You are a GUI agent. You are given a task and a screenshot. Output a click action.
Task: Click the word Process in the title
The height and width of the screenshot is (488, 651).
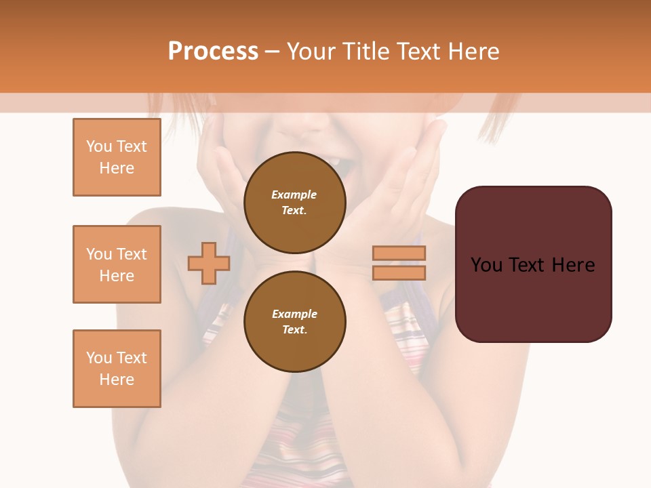213,51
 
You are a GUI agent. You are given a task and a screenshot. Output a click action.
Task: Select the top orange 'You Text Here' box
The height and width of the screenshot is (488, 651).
117,157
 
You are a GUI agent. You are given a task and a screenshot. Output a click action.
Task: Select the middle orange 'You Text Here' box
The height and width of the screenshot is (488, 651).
117,264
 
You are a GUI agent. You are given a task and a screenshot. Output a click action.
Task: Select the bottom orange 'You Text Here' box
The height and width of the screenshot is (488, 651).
117,369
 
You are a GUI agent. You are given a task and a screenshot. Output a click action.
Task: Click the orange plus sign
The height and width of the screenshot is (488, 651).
209,263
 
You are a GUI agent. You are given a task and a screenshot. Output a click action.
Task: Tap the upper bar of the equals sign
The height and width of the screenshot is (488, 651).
399,253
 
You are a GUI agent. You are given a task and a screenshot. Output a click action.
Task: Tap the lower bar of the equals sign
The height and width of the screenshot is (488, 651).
399,272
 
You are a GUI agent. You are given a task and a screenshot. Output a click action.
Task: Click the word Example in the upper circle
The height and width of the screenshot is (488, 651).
294,195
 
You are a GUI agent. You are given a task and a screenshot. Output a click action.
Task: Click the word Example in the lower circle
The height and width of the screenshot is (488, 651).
294,314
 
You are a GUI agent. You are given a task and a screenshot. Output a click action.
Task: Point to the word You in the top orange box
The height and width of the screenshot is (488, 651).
99,146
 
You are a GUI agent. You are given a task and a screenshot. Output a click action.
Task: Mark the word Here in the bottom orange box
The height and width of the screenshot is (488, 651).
117,380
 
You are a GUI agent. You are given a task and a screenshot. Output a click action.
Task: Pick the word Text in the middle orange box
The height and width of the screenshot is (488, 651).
131,254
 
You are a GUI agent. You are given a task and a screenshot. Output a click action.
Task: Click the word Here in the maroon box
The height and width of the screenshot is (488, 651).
573,265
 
